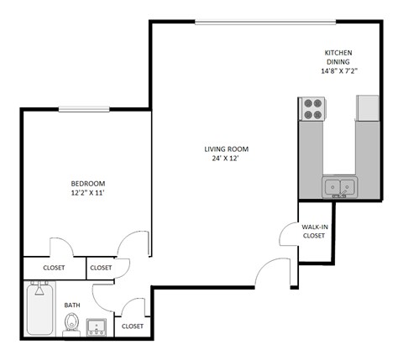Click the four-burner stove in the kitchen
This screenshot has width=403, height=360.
312,110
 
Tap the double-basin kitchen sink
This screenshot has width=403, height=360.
340,186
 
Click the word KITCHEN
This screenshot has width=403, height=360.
339,54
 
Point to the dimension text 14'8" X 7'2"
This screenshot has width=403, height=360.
339,71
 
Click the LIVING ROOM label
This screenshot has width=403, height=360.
227,149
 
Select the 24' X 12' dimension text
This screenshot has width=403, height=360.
227,159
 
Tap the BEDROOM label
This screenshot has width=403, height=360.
87,183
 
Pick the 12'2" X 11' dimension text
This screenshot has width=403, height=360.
87,193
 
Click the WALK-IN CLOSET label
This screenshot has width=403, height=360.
313,231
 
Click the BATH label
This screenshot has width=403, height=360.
72,305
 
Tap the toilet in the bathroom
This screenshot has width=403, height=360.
72,324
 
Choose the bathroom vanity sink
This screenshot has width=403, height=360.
97,326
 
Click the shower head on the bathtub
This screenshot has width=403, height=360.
37,290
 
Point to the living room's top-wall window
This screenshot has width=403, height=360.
256,22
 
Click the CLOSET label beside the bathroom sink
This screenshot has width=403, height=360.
133,326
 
